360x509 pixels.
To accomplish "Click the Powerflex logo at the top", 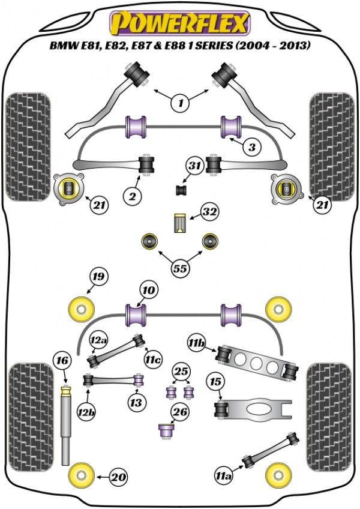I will (178, 23).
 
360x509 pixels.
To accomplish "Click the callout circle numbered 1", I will (179, 103).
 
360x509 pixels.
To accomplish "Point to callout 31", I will (194, 166).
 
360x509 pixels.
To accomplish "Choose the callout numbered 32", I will (209, 212).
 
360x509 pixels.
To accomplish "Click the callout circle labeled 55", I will (179, 269).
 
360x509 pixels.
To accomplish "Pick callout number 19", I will (98, 277).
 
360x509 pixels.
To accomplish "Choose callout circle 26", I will (179, 412).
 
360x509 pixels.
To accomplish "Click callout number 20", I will (119, 477).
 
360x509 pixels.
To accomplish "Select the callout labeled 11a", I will (224, 477).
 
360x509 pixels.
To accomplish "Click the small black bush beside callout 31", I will (179, 190).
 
